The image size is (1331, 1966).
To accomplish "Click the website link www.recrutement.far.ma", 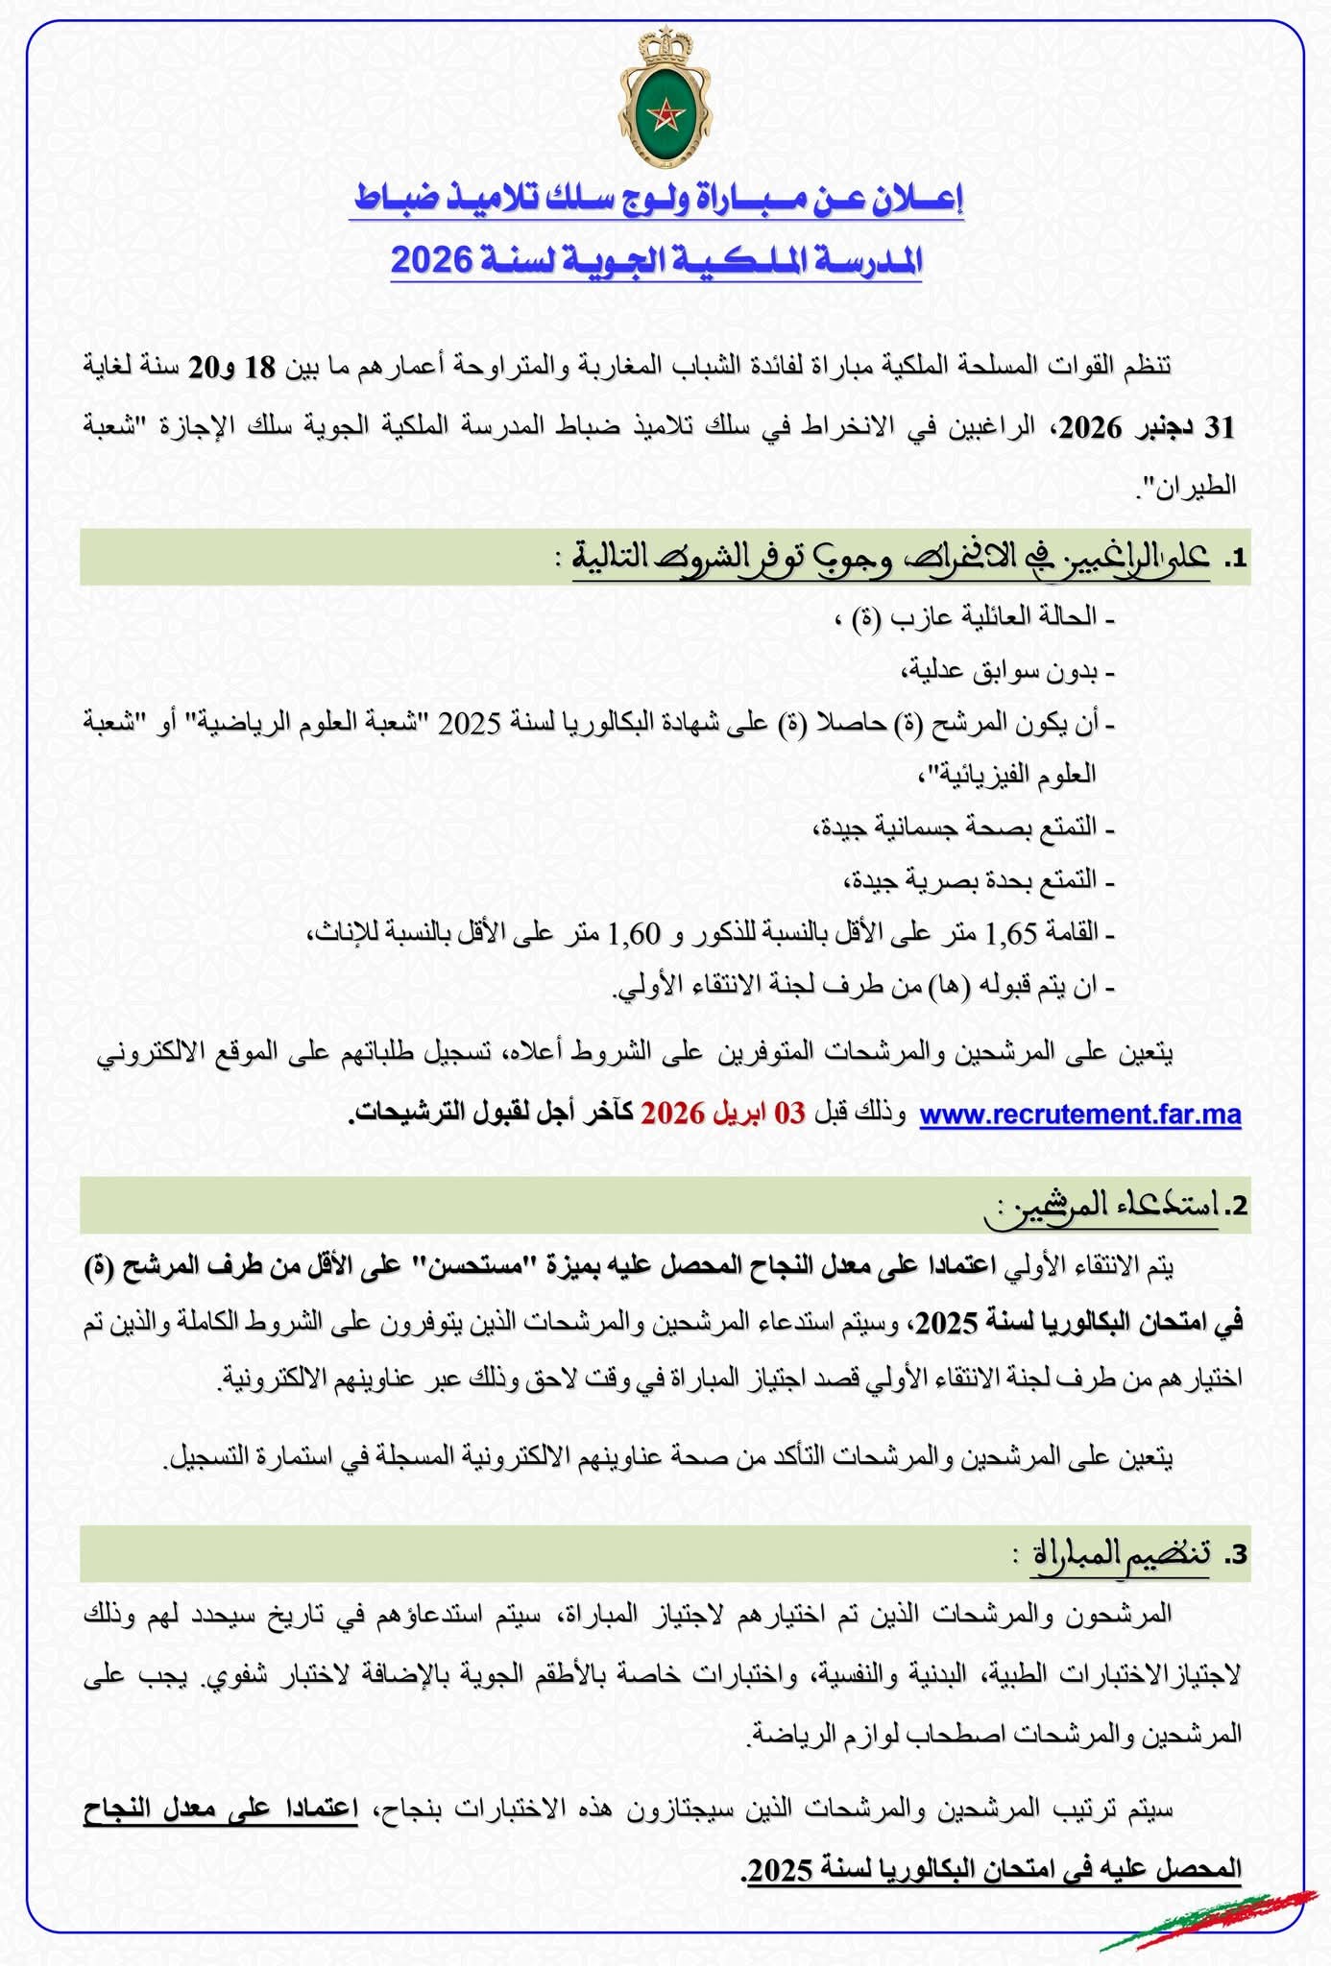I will pyautogui.click(x=1080, y=1115).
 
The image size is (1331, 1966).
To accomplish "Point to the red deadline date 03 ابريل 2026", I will pyautogui.click(x=722, y=1114).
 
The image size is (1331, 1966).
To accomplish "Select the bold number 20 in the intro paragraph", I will pyautogui.click(x=203, y=367).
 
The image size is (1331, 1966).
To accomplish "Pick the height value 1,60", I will pyautogui.click(x=635, y=932).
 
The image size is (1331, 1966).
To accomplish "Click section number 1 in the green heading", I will pyautogui.click(x=1235, y=558).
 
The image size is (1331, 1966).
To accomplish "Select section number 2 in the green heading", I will pyautogui.click(x=1237, y=1206).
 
